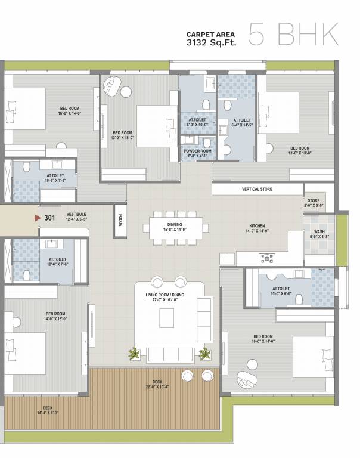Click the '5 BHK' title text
pos(293,35)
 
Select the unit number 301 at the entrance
pos(50,218)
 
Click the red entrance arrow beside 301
pos(38,218)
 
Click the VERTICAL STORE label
pos(257,189)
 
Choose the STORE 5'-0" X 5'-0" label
pos(314,203)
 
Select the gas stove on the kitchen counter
pos(266,258)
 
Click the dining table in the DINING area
pos(176,227)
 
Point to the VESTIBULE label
pos(76,216)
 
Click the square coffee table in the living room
pos(166,319)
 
